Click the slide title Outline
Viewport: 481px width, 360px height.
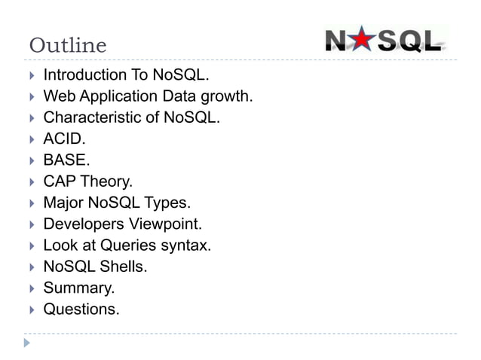68,46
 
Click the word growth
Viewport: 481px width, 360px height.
227,96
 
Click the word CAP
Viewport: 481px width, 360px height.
60,182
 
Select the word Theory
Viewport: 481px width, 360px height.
108,182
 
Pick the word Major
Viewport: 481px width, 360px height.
63,203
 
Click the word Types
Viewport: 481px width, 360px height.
172,203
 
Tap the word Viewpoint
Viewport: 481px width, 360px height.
165,224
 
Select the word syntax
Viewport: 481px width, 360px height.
185,245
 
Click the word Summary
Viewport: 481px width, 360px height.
78,287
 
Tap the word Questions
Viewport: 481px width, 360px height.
80,308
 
